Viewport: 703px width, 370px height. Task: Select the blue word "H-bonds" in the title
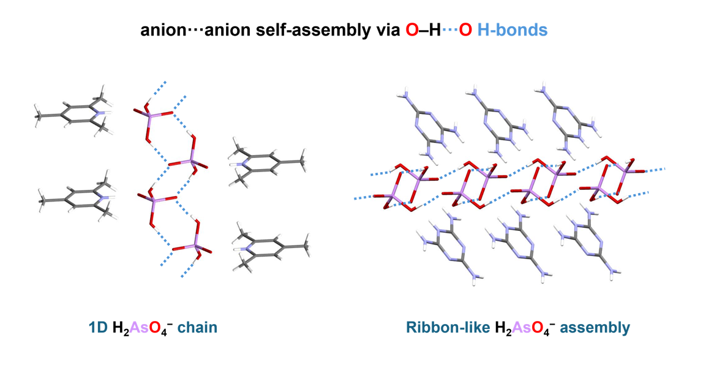[512, 29]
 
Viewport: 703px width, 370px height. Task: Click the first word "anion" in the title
[161, 29]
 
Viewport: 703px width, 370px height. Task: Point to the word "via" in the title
[383, 29]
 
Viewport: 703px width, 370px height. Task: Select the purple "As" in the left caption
[138, 328]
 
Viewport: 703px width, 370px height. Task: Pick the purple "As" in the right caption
[521, 328]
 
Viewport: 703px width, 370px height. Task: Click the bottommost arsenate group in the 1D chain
[192, 247]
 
